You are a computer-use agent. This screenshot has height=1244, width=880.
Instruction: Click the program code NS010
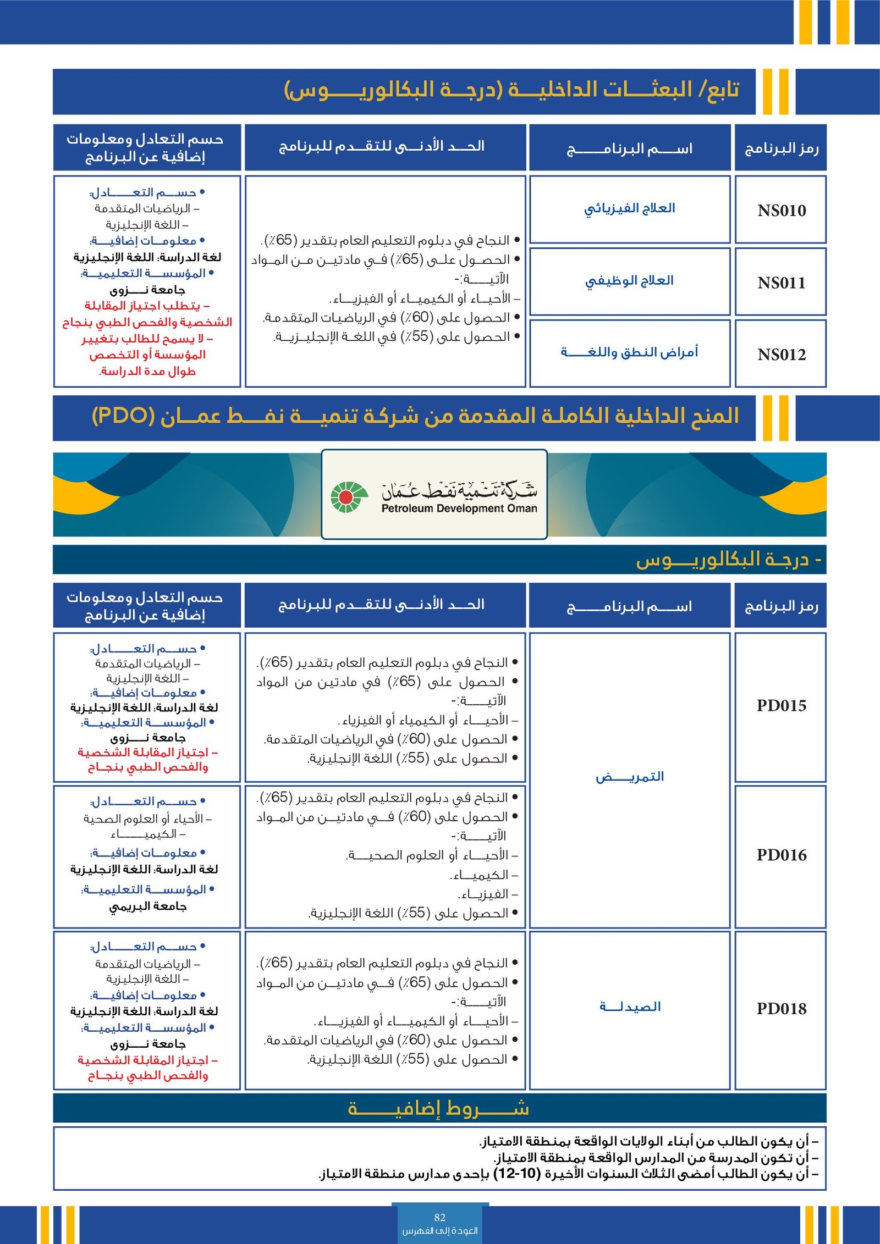click(x=781, y=211)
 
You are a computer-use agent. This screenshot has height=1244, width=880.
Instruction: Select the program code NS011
click(x=781, y=283)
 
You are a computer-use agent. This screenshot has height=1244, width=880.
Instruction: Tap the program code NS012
click(x=781, y=355)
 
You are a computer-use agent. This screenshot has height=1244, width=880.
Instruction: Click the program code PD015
click(x=781, y=705)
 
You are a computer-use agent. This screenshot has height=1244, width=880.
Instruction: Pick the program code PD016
click(x=781, y=855)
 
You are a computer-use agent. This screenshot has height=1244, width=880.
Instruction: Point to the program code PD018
click(x=781, y=1008)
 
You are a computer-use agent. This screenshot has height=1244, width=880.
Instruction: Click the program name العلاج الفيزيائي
click(x=629, y=208)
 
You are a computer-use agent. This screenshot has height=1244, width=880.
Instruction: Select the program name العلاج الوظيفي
click(x=629, y=280)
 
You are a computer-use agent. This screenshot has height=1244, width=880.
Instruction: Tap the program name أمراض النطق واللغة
click(x=629, y=352)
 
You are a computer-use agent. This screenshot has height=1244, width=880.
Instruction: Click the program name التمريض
click(x=630, y=776)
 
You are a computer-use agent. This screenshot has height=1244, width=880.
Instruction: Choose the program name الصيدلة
click(x=630, y=1007)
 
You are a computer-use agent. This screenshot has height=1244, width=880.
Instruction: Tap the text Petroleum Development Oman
click(x=459, y=509)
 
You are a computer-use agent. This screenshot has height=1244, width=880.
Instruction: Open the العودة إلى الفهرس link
click(x=439, y=1231)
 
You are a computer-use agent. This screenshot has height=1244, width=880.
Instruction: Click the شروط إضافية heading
click(x=439, y=1108)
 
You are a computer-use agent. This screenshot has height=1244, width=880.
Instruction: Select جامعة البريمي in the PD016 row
click(x=147, y=906)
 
